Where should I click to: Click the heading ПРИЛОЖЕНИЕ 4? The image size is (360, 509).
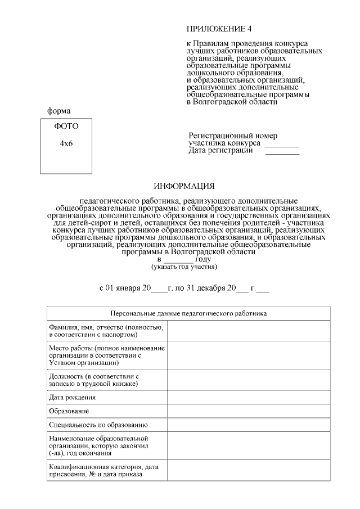[217, 29]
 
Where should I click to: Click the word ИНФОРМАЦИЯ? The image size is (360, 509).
[184, 187]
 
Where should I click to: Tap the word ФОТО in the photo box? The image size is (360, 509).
[66, 126]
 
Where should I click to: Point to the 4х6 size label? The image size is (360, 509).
[66, 143]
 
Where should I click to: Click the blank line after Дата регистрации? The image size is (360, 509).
[282, 152]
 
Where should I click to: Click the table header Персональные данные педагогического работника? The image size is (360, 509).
[188, 313]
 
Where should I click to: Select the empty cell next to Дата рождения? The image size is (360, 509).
[248, 397]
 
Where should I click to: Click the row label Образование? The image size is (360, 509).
[69, 411]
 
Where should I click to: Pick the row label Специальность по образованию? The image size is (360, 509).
[98, 425]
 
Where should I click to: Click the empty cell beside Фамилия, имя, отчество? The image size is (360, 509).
[248, 331]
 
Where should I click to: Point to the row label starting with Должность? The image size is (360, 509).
[93, 380]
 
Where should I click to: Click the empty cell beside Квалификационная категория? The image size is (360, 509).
[248, 471]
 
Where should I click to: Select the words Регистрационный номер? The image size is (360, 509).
[233, 136]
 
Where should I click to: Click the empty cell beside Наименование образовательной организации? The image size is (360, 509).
[248, 445]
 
